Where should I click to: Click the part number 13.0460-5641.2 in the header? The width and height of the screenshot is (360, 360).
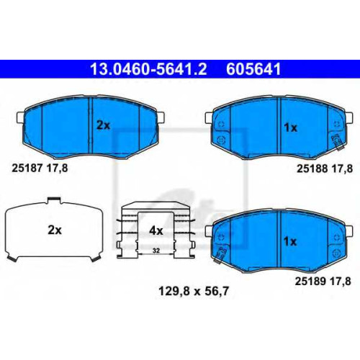(148, 69)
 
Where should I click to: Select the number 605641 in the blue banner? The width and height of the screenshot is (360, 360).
(253, 69)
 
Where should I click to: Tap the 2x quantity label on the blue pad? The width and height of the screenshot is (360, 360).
(103, 125)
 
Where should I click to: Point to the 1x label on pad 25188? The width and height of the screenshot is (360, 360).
(291, 127)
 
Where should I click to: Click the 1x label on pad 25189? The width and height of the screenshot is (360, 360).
(290, 242)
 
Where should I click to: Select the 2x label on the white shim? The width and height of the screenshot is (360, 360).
(55, 230)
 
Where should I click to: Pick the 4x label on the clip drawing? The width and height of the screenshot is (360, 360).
(156, 231)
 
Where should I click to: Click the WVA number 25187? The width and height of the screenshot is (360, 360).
(27, 168)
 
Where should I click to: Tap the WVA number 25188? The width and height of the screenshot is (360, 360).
(312, 168)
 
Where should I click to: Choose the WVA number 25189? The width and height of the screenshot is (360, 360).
(310, 282)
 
